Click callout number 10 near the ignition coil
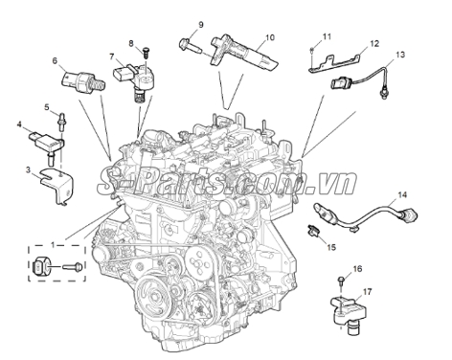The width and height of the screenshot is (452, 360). point(270,37)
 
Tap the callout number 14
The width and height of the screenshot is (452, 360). point(402,194)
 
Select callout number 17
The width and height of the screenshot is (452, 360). point(368,292)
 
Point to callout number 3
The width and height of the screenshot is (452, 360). point(29,169)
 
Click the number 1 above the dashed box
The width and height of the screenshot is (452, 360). point(53,245)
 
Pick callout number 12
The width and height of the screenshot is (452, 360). point(374,43)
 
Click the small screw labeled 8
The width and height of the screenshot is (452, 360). point(147,53)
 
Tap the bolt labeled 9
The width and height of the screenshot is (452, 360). point(190,46)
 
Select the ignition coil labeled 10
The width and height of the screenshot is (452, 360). point(244,54)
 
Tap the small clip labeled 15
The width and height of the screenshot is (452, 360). point(313,231)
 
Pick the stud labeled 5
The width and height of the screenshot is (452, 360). point(61,121)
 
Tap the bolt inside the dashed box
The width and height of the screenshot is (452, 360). point(73,265)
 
